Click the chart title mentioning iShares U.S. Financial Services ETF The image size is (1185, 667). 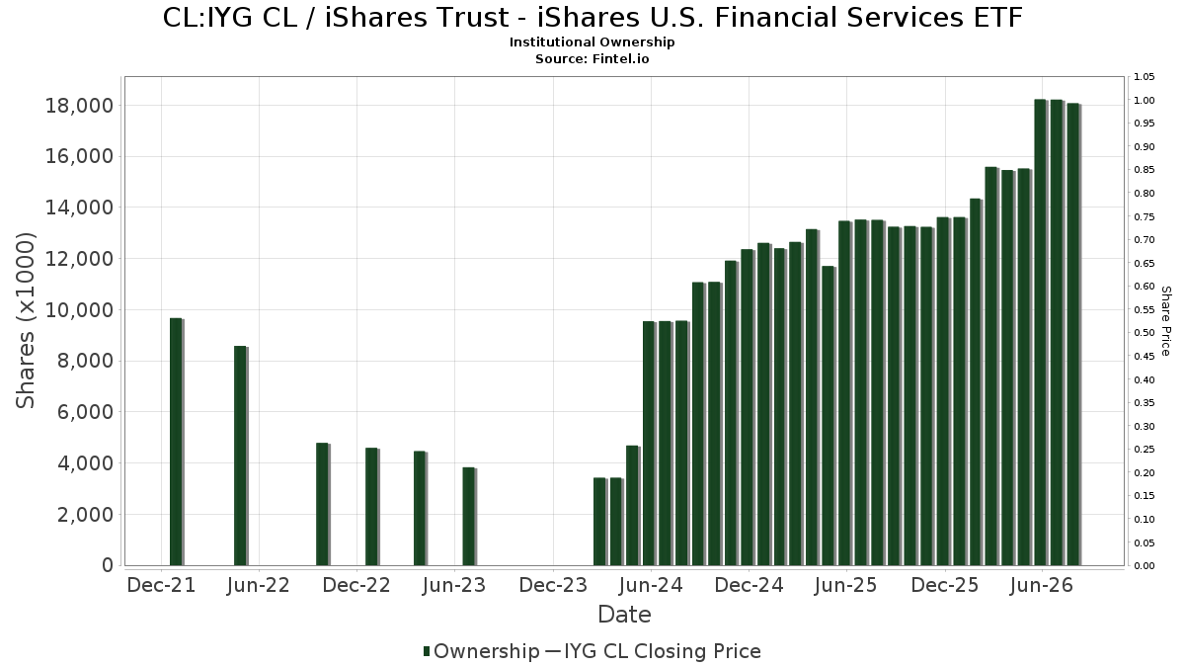[592, 18]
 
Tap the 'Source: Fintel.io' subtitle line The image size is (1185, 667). [592, 58]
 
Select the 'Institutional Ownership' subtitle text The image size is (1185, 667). [592, 42]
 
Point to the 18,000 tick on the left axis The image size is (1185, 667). [79, 106]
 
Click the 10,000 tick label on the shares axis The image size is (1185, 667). [79, 310]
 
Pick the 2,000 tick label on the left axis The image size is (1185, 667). [85, 515]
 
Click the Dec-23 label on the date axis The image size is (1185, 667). [553, 585]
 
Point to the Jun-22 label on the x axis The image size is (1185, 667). [259, 585]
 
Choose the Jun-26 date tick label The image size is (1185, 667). [1042, 585]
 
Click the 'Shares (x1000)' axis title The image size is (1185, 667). [26, 321]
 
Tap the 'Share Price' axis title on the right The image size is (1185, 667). [1165, 321]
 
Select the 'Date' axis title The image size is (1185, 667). [624, 615]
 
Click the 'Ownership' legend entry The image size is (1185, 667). [481, 651]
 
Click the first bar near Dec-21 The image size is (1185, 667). [177, 442]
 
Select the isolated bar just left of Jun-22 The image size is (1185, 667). [241, 456]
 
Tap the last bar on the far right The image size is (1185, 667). [1074, 335]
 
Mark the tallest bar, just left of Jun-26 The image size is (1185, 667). [1041, 332]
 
